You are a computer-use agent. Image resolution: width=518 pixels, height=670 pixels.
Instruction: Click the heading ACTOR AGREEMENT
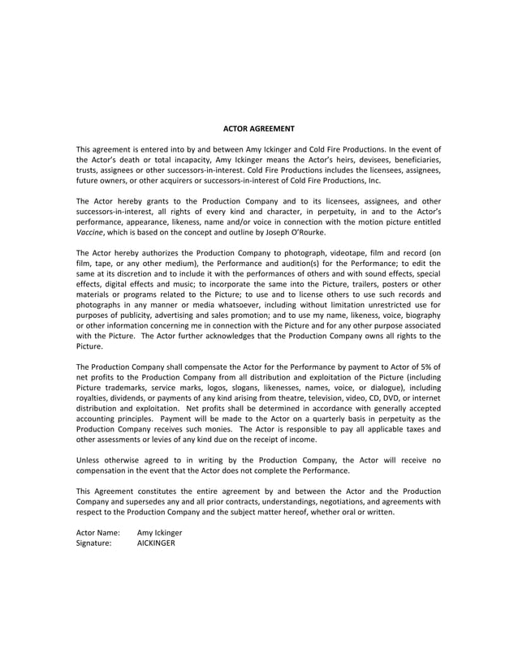tap(259, 128)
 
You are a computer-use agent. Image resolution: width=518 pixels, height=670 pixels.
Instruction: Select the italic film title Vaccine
tap(90, 232)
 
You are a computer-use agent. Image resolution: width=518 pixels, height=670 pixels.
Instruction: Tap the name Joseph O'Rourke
tap(296, 232)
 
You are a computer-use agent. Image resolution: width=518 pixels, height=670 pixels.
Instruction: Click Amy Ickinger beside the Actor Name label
tap(159, 532)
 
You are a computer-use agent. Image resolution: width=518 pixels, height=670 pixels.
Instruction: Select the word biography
tap(419, 315)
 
